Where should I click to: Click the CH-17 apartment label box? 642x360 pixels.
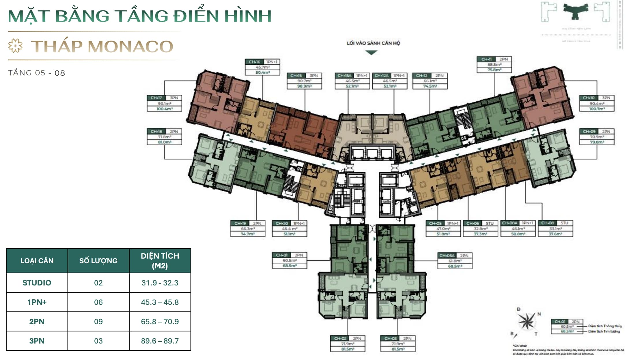pos(164,103)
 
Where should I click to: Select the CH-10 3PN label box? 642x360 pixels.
pos(597,103)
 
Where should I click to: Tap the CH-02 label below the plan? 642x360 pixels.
pos(348,344)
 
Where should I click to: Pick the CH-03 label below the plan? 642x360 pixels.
pos(398,344)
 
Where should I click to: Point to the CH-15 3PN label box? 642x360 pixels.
pos(304,81)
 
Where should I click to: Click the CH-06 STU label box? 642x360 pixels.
pos(480,229)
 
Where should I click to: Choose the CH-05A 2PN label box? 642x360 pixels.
pos(455,261)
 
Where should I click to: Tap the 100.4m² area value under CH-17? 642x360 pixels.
pos(164,109)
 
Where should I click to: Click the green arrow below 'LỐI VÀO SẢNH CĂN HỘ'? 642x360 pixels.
pos(371,53)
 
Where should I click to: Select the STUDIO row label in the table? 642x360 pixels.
pos(37,283)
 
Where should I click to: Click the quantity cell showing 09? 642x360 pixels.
pos(98,322)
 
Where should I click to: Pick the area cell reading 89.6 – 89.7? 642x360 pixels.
pos(160,341)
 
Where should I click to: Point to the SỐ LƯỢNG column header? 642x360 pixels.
pos(98,261)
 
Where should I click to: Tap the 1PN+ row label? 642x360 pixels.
pos(37,302)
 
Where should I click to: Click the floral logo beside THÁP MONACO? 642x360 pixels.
pos(15,46)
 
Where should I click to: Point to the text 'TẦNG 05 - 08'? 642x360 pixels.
pos(37,73)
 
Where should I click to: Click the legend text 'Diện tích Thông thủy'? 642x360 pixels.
pos(605,326)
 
